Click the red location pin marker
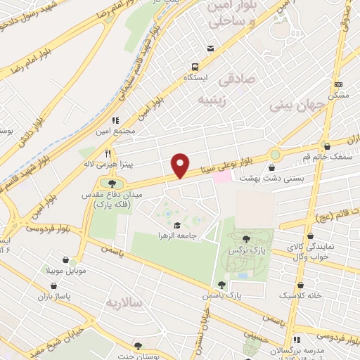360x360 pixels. [x=181, y=165]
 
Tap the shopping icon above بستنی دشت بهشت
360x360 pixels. [x=272, y=167]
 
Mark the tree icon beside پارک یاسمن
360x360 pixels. [x=222, y=285]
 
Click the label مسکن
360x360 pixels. [x=338, y=94]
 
